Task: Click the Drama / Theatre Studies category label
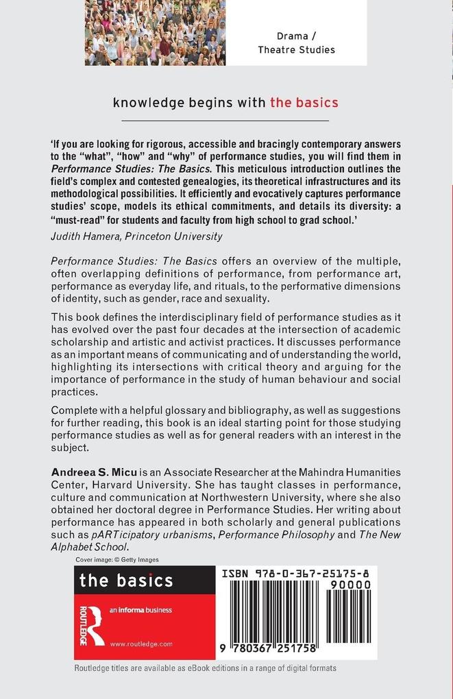point(296,42)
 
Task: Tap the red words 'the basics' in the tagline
point(304,103)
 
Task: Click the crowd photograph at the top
point(155,32)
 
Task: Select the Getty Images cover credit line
point(117,559)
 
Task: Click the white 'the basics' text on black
point(126,581)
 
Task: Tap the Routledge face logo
point(90,625)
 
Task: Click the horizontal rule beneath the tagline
point(225,121)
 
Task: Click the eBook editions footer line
point(205,667)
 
